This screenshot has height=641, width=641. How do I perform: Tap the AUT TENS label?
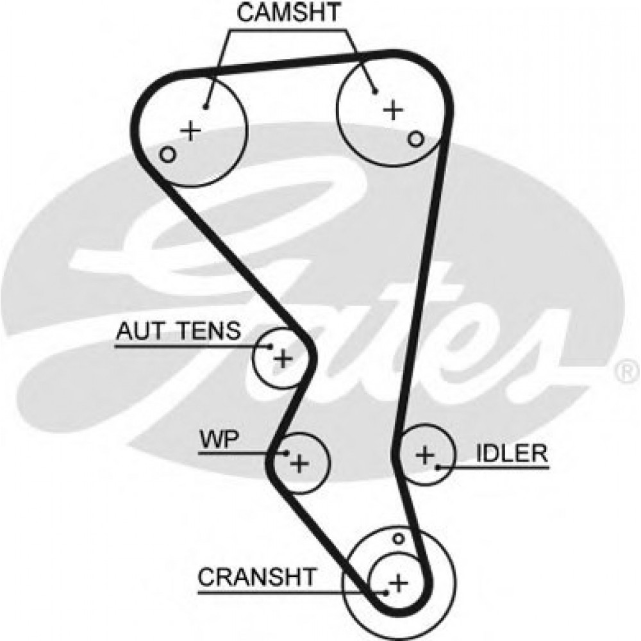[178, 331]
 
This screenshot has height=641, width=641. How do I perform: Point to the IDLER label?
[512, 453]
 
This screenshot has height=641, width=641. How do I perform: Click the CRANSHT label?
[256, 577]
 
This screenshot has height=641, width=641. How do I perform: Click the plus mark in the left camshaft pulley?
[190, 131]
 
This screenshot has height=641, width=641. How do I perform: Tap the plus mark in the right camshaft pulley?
[394, 110]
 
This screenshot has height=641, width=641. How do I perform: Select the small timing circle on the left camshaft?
[168, 154]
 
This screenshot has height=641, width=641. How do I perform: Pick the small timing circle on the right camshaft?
[416, 138]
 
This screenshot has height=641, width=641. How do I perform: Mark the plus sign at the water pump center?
[299, 462]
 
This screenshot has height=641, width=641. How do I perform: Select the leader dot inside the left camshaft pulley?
[206, 107]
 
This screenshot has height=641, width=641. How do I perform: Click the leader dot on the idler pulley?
[438, 467]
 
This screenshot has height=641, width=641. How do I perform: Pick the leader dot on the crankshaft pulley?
[387, 592]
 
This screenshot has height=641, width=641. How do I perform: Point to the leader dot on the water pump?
[287, 453]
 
